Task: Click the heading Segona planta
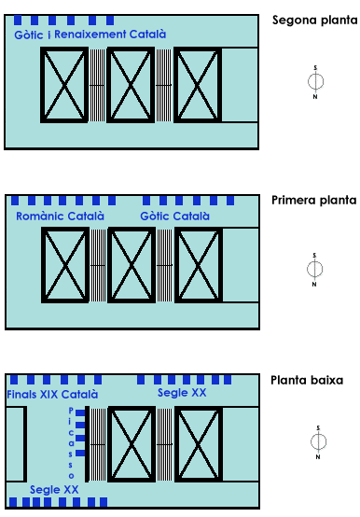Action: tap(314, 21)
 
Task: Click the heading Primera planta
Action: tap(314, 201)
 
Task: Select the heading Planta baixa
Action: tap(307, 380)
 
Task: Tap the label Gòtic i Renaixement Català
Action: tap(90, 35)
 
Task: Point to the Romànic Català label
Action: tap(60, 217)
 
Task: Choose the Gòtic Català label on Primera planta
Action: tap(174, 217)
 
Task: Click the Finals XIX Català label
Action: tap(52, 395)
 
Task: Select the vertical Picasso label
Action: tap(71, 443)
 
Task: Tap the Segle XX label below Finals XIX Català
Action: tap(54, 490)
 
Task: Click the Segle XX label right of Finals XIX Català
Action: tap(182, 393)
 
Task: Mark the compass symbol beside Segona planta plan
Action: tap(315, 82)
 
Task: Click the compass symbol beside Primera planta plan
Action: tap(314, 269)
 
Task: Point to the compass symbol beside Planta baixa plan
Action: tap(318, 441)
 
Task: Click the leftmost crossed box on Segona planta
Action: tap(64, 85)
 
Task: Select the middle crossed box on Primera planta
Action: tap(132, 265)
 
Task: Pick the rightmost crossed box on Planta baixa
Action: tap(199, 444)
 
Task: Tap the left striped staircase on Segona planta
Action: tap(98, 85)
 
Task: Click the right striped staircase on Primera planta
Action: tap(165, 265)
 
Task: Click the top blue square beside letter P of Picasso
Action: tap(80, 412)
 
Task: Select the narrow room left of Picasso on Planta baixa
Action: tap(16, 444)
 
